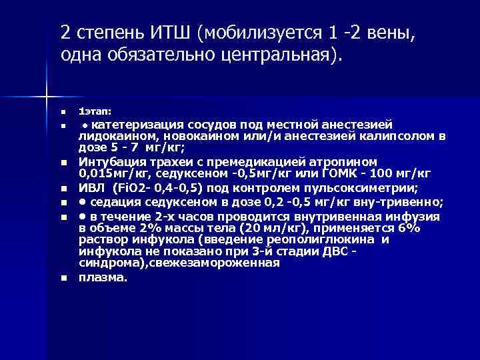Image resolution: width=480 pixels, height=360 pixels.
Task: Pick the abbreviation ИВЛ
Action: pyautogui.click(x=91, y=187)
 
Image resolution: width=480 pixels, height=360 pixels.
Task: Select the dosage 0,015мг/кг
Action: pyautogui.click(x=110, y=173)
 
